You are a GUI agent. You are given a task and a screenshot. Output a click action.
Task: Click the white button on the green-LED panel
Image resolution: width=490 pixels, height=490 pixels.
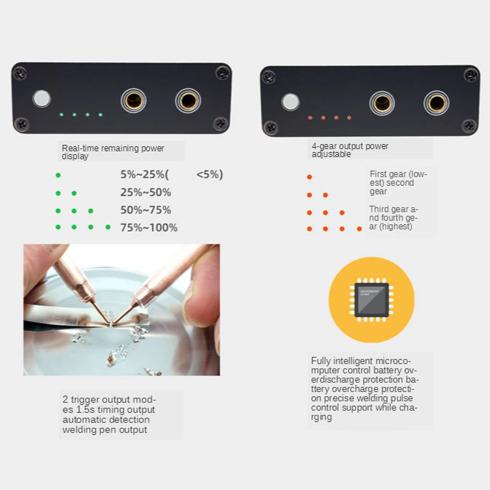(42, 99)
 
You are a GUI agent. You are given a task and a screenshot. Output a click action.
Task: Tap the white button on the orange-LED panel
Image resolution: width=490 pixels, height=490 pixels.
(290, 102)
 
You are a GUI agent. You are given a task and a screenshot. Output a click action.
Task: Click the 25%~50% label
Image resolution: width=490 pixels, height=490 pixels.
(145, 192)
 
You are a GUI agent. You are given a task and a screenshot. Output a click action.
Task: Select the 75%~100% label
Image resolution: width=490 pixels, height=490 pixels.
(149, 228)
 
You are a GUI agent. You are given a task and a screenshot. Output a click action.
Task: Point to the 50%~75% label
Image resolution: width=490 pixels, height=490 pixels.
(145, 210)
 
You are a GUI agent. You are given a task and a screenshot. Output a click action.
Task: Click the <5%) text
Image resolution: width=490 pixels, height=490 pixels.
(210, 174)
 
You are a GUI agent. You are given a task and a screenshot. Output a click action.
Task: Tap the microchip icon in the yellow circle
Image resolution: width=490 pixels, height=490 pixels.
(372, 300)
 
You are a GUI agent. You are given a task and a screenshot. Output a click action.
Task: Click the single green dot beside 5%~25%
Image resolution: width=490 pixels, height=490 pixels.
(58, 175)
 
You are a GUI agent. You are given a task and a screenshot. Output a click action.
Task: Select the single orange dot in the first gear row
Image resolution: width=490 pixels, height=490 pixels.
(309, 177)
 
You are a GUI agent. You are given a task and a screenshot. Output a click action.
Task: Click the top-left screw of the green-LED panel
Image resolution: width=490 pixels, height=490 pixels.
(20, 73)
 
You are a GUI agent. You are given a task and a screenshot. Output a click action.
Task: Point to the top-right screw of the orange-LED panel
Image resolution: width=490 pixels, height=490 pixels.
(471, 75)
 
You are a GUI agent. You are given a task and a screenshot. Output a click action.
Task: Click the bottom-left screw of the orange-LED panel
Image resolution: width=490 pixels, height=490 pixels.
(270, 128)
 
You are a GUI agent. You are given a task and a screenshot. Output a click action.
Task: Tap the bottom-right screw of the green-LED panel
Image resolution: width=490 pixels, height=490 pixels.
(221, 124)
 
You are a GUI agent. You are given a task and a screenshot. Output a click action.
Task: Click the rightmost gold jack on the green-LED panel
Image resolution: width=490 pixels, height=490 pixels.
(188, 100)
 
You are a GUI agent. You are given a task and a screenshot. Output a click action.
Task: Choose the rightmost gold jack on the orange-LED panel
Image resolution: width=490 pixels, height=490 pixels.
(436, 103)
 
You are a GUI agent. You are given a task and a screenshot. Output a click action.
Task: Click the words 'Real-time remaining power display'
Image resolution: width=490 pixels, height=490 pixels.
(113, 152)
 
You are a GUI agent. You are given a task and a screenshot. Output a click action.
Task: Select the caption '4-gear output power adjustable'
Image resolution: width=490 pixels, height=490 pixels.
(350, 150)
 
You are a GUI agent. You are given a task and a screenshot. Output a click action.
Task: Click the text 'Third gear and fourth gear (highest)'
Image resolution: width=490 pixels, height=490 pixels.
(394, 218)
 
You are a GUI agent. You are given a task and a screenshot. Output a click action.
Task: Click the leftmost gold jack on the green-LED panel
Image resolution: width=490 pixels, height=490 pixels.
(134, 100)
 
